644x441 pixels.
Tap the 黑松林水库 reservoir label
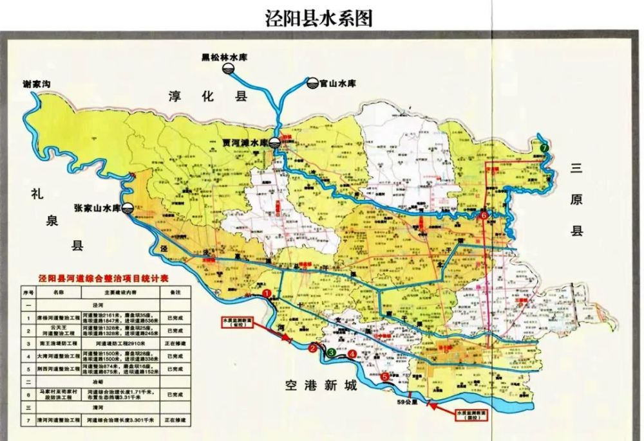[224, 57]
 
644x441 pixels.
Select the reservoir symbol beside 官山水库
[312, 83]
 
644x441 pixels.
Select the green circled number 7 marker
[545, 147]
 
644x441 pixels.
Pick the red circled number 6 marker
[484, 215]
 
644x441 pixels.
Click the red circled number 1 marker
[266, 294]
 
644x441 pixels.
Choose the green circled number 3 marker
[330, 352]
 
